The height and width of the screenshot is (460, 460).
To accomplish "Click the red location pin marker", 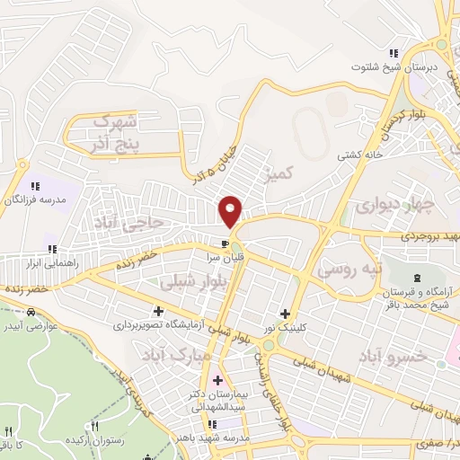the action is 231,210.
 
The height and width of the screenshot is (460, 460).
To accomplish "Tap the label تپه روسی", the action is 351,269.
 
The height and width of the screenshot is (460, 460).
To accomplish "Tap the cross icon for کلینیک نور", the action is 286,314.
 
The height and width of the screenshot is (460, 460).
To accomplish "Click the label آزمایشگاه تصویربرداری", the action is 160,324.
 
